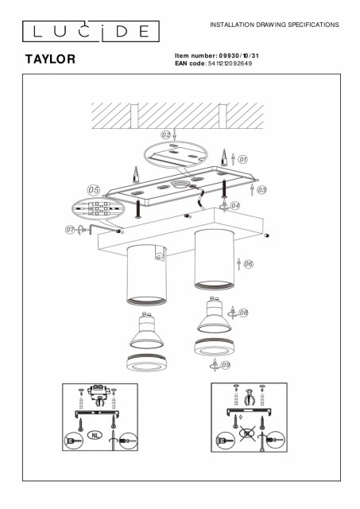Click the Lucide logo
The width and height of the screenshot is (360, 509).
click(x=91, y=31)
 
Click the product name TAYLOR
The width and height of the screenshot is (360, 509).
click(x=50, y=59)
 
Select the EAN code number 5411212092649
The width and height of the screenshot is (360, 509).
click(x=230, y=64)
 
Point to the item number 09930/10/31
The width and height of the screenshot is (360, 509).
click(x=239, y=56)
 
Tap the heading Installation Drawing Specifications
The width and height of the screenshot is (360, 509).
click(x=274, y=25)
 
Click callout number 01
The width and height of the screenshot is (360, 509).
click(x=242, y=159)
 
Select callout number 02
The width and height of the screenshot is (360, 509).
click(x=166, y=134)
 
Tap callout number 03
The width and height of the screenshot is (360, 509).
click(x=261, y=189)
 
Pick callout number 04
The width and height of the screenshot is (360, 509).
click(x=235, y=205)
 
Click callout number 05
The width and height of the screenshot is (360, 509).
click(x=94, y=190)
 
